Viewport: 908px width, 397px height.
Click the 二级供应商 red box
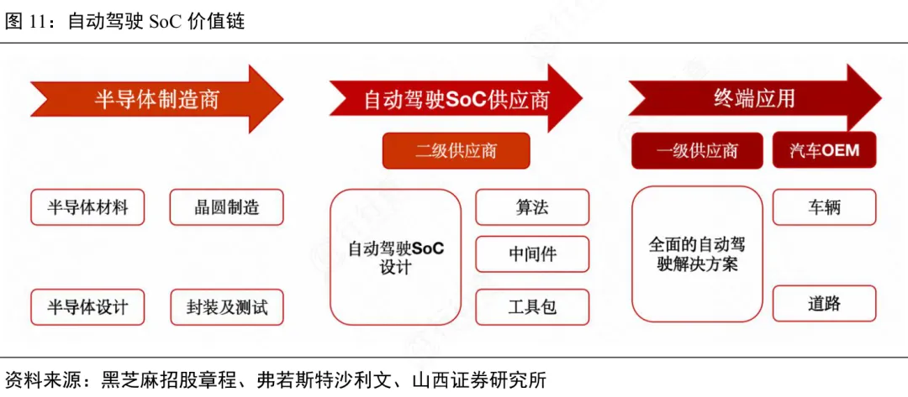click(456, 151)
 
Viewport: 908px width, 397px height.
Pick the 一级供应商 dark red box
click(697, 151)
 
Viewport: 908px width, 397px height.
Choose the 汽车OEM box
click(824, 151)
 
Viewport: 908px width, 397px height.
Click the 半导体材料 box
click(87, 207)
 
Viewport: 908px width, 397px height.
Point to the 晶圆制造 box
click(226, 207)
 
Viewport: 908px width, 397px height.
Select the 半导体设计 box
click(87, 307)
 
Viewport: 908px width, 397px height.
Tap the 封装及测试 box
click(226, 307)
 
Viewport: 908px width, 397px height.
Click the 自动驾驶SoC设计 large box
click(395, 257)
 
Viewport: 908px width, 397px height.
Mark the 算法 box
click(532, 207)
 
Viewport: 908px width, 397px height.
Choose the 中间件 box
click(532, 254)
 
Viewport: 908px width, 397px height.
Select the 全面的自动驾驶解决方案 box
click(697, 253)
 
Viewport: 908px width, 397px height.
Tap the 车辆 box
click(824, 207)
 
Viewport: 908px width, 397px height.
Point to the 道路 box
click(824, 304)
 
